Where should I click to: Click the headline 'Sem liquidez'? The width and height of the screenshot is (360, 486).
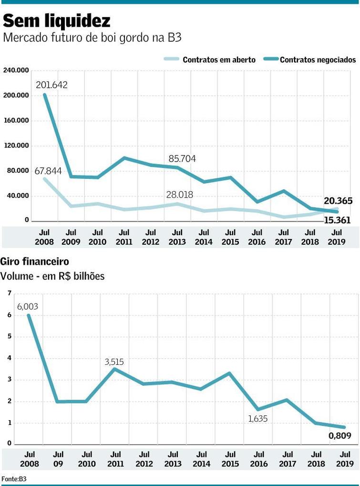pyautogui.click(x=57, y=21)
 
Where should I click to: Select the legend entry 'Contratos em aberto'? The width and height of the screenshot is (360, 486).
pyautogui.click(x=219, y=60)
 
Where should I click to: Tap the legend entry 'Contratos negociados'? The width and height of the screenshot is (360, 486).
pyautogui.click(x=318, y=60)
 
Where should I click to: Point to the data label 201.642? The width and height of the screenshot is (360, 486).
pyautogui.click(x=51, y=85)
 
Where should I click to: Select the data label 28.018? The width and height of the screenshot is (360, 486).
pyautogui.click(x=180, y=195)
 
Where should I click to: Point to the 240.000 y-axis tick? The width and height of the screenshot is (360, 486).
pyautogui.click(x=16, y=70)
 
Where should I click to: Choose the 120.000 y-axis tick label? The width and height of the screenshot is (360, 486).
pyautogui.click(x=16, y=145)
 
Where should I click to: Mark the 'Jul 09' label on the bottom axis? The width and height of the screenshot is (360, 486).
pyautogui.click(x=58, y=459)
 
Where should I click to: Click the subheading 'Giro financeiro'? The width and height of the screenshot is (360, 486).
pyautogui.click(x=35, y=262)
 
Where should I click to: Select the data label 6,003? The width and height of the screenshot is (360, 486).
pyautogui.click(x=28, y=307)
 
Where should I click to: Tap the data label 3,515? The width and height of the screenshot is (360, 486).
pyautogui.click(x=114, y=362)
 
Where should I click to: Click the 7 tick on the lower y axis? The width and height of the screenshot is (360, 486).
pyautogui.click(x=9, y=293)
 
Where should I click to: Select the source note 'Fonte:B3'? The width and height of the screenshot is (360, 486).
pyautogui.click(x=13, y=478)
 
